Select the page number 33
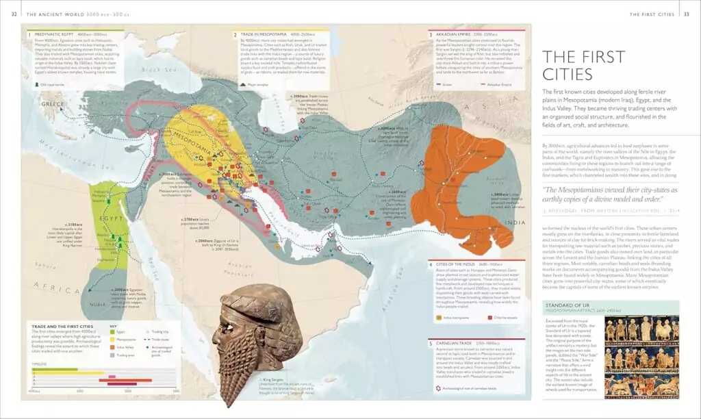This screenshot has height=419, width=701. pos(687,14)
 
